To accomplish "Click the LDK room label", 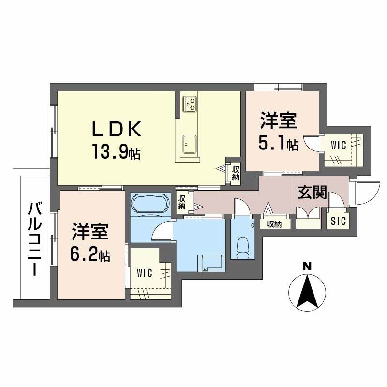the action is [117, 129].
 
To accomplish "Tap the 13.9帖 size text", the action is [116, 151].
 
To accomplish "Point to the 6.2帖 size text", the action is [90, 253].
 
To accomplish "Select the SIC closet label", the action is [338, 221].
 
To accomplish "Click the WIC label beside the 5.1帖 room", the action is [338, 146].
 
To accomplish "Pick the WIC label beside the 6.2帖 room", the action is [145, 273].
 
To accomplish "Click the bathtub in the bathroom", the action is [151, 204].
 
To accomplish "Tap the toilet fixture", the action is [243, 248].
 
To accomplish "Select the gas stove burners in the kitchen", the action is [190, 104].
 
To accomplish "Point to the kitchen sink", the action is [190, 144].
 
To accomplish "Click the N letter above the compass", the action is [307, 267].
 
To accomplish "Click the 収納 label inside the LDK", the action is [236, 173].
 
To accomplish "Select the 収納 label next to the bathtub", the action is [181, 202].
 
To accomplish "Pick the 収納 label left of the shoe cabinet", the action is [274, 224].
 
